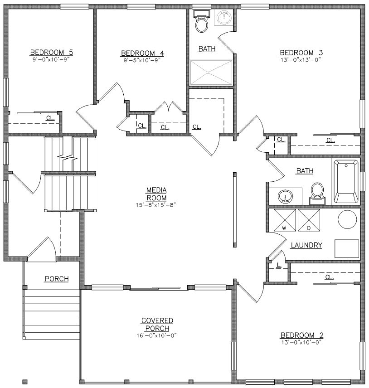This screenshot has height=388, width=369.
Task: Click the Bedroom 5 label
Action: coord(52,52)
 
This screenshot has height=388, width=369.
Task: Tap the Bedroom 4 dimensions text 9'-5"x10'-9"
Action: coord(142,60)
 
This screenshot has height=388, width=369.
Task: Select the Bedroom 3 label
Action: coord(301,53)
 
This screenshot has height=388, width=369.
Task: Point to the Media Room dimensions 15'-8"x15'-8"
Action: coord(156,205)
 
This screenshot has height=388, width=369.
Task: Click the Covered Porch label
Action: coord(157,325)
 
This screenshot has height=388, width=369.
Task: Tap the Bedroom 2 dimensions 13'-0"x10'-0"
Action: coord(301,342)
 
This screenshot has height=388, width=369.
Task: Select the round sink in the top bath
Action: coord(224,18)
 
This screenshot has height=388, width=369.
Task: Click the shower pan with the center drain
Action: coord(211,72)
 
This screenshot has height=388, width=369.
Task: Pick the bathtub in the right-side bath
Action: coord(346,181)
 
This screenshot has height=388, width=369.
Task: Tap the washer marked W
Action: coord(285,220)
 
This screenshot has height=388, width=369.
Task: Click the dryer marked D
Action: coord(309,220)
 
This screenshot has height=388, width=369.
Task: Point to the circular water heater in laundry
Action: coord(347,219)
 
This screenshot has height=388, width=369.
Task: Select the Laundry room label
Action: coord(306,245)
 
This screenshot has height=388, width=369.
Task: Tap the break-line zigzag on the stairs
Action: coord(67,157)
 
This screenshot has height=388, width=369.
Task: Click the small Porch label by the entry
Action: coord(56,279)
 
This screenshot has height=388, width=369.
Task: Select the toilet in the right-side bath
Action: coord(317,193)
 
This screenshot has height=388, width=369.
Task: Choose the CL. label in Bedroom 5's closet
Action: coord(50,118)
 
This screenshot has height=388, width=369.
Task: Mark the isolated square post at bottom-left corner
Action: coord(25,382)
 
